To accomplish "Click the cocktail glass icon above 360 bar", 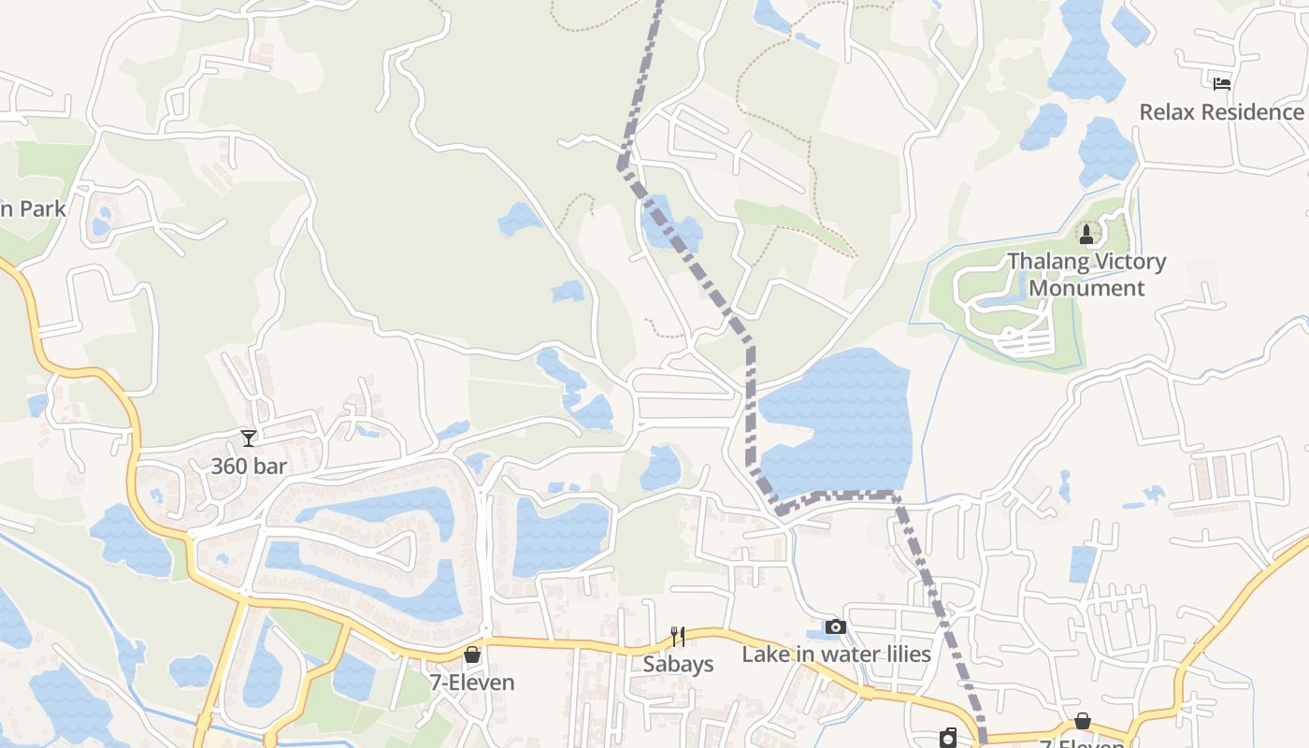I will coord(248,438).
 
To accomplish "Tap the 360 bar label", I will coord(249,466).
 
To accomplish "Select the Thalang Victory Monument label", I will coord(1086,274).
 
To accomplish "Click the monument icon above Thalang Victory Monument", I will coord(1086,232).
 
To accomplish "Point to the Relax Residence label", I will coord(1221,112).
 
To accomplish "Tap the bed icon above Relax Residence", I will coord(1221,83).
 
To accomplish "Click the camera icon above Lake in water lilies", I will coord(836,626).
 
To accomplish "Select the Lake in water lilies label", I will coord(836,654).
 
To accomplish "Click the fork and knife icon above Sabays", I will coord(678,637).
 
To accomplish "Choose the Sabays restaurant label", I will coord(678,664).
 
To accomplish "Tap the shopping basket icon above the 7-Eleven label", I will coord(472,654).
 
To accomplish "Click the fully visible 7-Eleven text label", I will coord(472,683).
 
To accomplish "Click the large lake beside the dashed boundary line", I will coord(837,421).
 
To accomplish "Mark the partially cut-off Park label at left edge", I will coord(34,209).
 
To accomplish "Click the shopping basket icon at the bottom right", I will coord(1082,721).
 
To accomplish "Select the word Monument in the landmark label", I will coord(1086,288).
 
